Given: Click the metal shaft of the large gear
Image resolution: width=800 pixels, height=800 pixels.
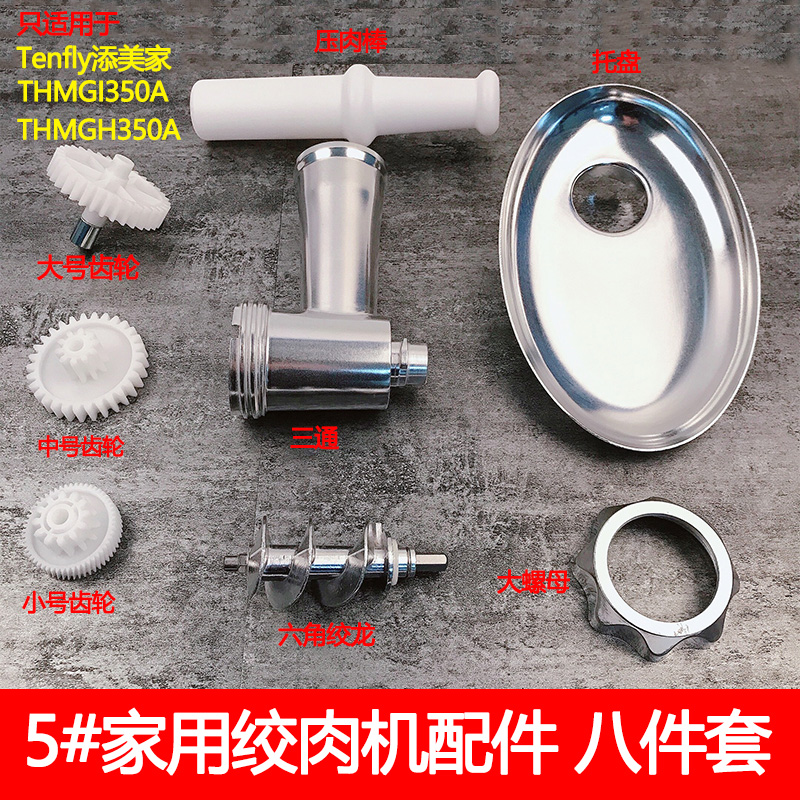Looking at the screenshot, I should click(x=79, y=231).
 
